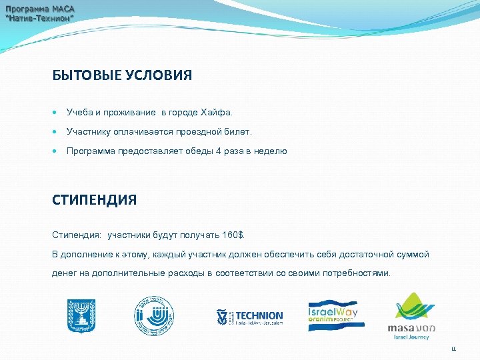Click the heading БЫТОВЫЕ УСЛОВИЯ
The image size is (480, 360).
[x=122, y=75]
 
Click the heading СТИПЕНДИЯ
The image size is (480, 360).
[x=94, y=200]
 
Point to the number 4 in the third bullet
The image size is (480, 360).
[x=216, y=151]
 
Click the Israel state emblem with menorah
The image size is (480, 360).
[x=81, y=315]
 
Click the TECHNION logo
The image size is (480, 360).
[x=249, y=317]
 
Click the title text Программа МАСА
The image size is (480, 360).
[x=41, y=9]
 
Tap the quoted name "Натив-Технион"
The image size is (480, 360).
[x=40, y=19]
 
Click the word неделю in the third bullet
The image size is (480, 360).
[x=271, y=151]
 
